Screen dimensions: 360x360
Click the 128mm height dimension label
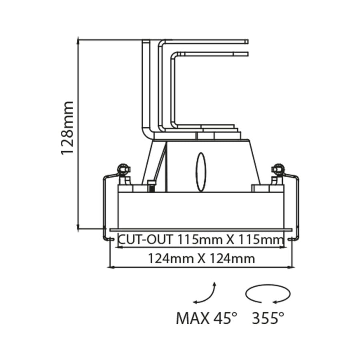point(67,128)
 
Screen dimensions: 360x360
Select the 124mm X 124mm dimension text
point(201,258)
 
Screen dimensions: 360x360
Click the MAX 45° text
point(206,318)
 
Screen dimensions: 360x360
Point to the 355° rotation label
point(268,318)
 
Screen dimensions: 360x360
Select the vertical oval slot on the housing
point(201,172)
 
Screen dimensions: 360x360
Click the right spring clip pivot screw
point(277,170)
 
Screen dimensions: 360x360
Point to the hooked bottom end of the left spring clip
point(107,239)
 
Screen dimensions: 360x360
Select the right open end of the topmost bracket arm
point(247,41)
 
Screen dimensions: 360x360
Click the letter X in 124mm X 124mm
point(201,258)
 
